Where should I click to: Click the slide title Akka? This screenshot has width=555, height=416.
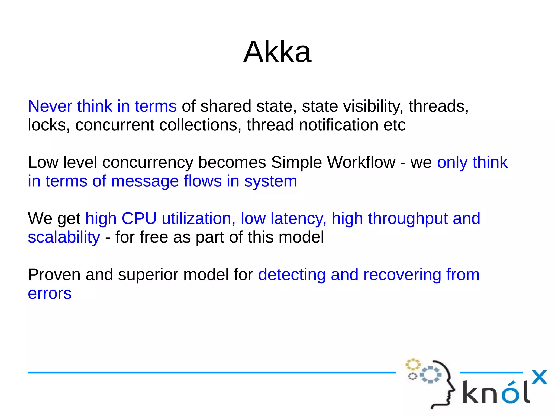coord(277,52)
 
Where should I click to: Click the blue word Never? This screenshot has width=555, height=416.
coord(50,106)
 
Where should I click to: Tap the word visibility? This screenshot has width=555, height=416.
coord(373,107)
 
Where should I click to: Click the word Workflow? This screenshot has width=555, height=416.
coord(361,162)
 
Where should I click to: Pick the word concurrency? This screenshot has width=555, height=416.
coord(147,163)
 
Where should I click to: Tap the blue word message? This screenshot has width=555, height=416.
coord(145,181)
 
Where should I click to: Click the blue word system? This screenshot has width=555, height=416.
coord(270,182)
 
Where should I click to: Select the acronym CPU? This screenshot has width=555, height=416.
coord(139,218)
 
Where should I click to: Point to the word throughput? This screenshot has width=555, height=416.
coord(408,219)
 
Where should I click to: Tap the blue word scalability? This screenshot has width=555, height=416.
coord(64,237)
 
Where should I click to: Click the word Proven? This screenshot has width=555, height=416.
coord(54,275)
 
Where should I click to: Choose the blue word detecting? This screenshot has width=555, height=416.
coord(292,275)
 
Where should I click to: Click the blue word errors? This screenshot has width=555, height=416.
coord(50,294)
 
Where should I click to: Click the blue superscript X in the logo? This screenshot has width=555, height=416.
coord(539,378)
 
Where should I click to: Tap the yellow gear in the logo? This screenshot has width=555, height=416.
coord(413,365)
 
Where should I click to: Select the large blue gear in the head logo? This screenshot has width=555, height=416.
coord(430,375)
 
